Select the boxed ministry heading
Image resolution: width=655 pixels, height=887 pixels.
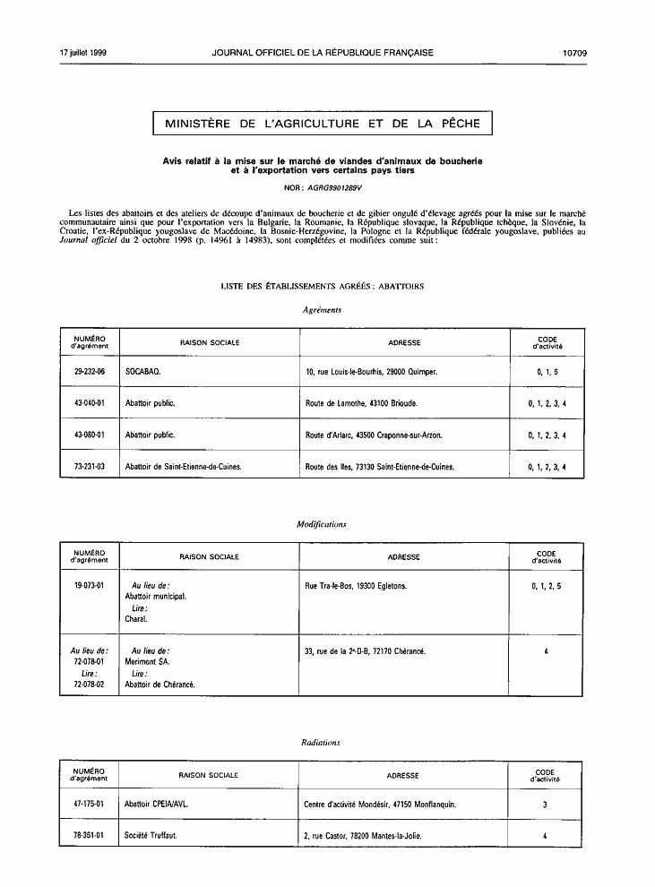[x=323, y=124]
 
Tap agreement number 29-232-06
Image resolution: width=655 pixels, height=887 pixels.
[x=90, y=371]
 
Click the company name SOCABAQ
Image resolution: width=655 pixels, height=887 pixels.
[x=143, y=371]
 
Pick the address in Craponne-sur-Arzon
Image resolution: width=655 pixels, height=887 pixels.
[x=374, y=435]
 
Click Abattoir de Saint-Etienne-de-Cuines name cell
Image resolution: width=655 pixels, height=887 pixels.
[x=184, y=468]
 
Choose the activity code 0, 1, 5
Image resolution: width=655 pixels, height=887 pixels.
[x=547, y=371]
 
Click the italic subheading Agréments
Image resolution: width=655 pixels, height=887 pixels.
[x=322, y=310]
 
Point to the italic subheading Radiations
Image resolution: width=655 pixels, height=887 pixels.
[x=321, y=743]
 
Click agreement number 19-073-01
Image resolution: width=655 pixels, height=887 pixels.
[x=90, y=586]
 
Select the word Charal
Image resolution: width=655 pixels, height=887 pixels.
[x=136, y=619]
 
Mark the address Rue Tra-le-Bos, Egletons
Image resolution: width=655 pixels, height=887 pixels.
[x=356, y=586]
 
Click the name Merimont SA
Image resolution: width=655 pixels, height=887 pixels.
[x=147, y=662]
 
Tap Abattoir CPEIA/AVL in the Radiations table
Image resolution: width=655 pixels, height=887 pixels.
[x=157, y=805]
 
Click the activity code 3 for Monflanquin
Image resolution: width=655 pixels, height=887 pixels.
[x=545, y=805]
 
